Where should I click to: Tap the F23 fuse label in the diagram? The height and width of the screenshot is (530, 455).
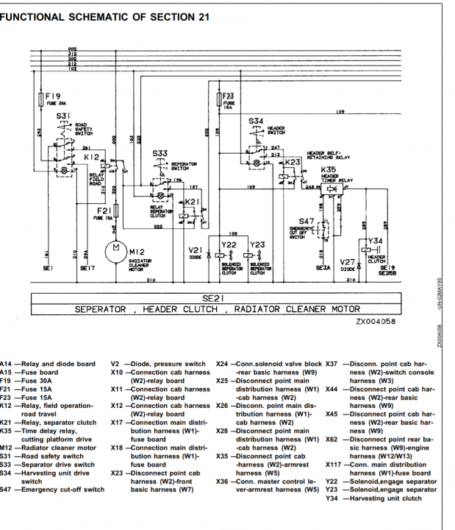(x=229, y=96)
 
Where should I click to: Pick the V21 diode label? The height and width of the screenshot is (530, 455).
(x=194, y=250)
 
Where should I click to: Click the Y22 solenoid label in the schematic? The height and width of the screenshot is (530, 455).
(x=229, y=244)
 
